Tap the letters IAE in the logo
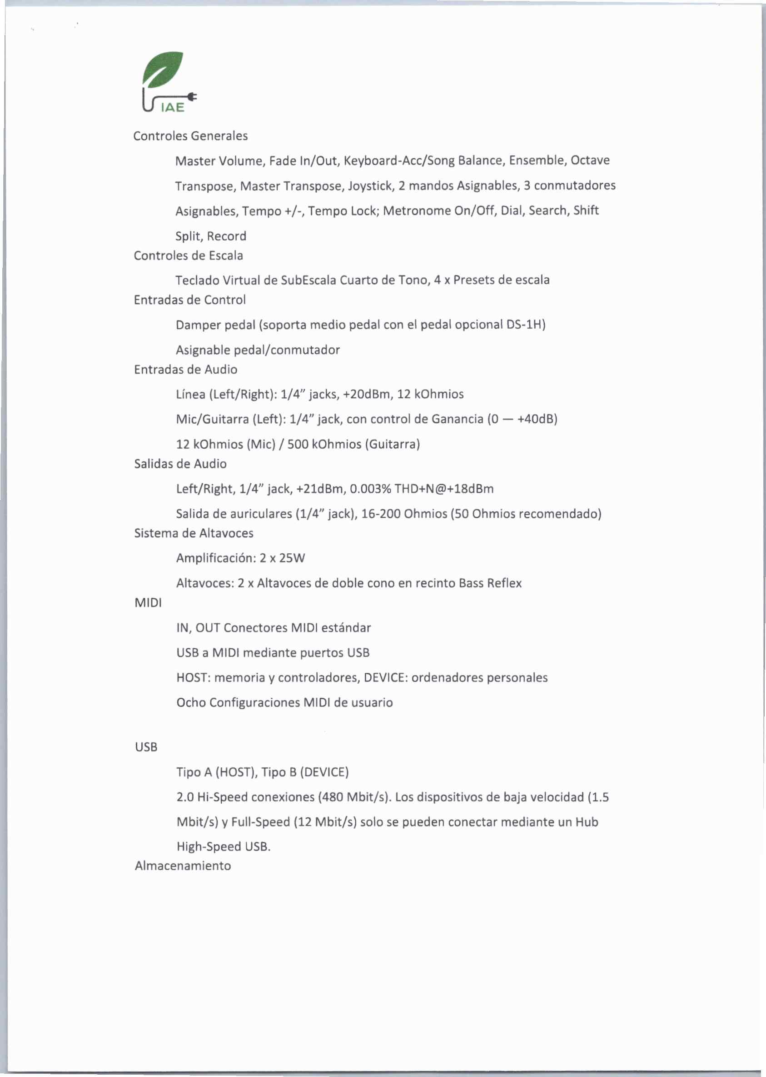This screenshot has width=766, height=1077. coord(172,108)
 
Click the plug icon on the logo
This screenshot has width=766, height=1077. coord(192,97)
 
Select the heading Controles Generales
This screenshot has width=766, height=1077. coord(190,136)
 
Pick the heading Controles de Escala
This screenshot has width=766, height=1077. coord(188,256)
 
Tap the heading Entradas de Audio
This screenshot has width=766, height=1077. coord(185,370)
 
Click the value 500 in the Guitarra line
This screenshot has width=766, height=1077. coord(298,444)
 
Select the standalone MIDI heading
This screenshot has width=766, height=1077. coord(148,603)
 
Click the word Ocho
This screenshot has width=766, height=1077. coord(190,703)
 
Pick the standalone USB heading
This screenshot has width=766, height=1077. coord(146,747)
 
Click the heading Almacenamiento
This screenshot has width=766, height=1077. coord(183,866)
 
